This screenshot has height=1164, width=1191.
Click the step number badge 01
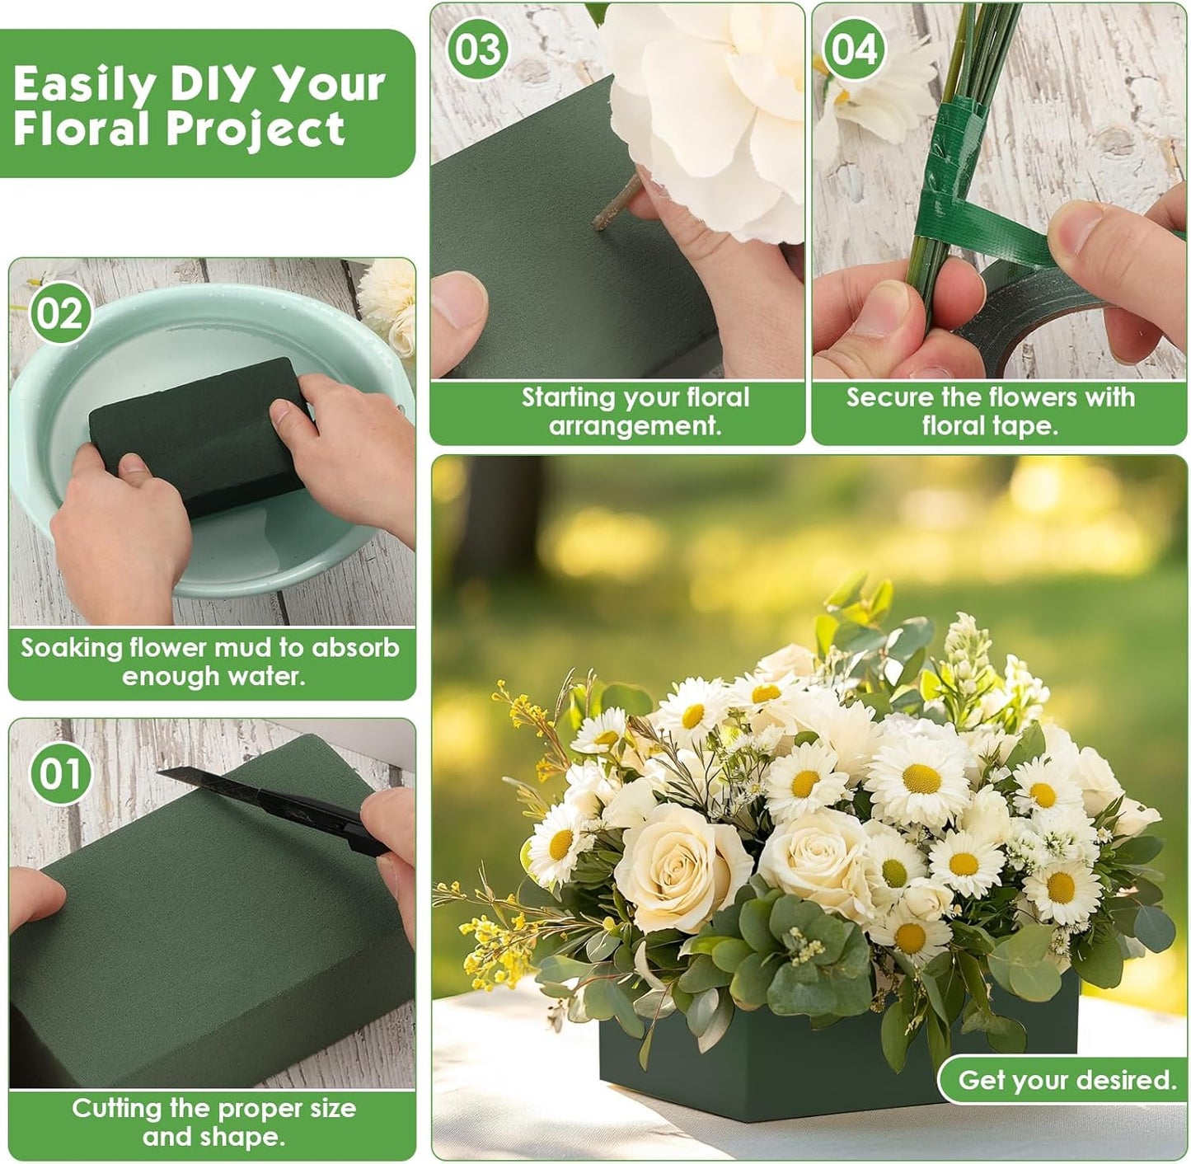click(x=60, y=774)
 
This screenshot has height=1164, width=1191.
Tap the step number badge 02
click(x=60, y=314)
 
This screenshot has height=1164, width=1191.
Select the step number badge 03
click(x=478, y=49)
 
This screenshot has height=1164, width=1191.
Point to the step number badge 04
click(x=853, y=49)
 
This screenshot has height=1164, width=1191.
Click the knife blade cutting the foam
click(x=206, y=779)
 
